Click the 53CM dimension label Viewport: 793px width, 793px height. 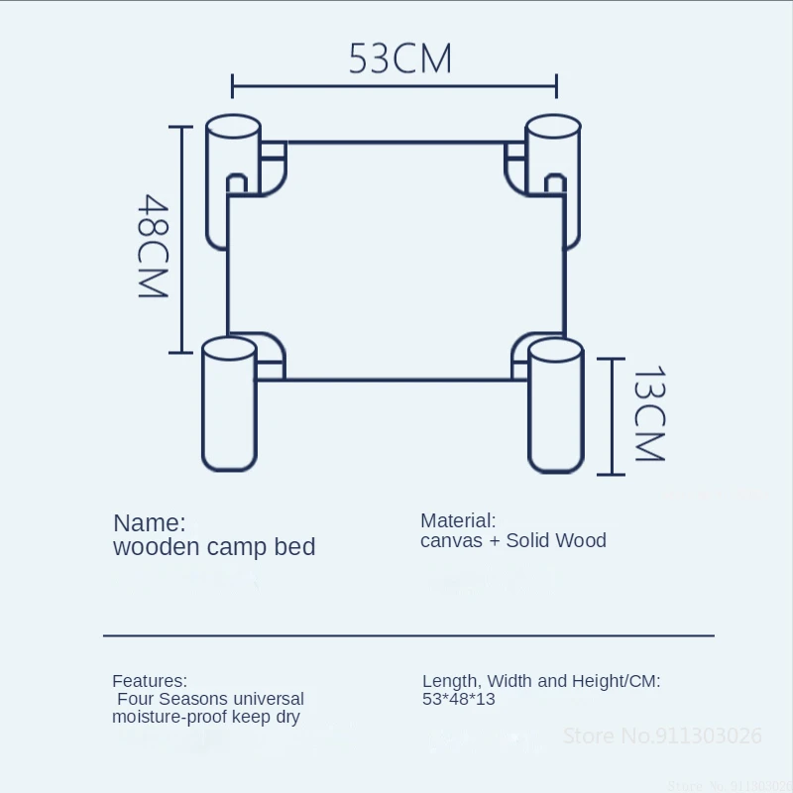[399, 58]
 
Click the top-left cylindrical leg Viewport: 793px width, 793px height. [233, 183]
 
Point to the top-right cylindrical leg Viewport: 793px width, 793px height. [552, 178]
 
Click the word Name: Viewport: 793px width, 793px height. [149, 522]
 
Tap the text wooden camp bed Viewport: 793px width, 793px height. [214, 547]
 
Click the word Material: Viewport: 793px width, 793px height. [458, 520]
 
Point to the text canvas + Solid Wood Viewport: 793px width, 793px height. [512, 541]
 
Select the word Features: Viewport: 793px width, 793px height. [149, 681]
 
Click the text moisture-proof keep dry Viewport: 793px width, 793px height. [205, 717]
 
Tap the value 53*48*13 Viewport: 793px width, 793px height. [458, 700]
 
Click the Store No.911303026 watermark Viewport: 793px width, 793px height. [662, 736]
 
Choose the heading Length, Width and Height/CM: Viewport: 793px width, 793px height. [541, 681]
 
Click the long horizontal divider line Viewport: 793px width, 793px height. [408, 634]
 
